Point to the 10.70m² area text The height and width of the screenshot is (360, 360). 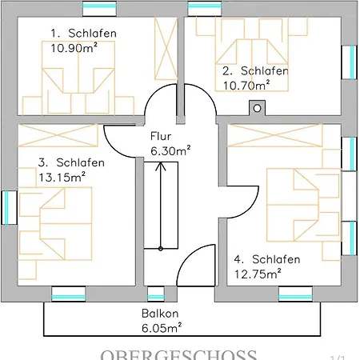click(246, 83)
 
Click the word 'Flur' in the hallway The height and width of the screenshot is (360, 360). click(160, 135)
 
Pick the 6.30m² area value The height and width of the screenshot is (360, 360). click(170, 149)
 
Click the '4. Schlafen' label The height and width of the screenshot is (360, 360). click(266, 259)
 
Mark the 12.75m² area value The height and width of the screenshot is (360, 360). click(257, 274)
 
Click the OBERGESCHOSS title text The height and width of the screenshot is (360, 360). click(178, 354)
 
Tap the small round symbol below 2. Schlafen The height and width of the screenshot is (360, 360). click(257, 106)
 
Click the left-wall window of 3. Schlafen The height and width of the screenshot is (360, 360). click(6, 210)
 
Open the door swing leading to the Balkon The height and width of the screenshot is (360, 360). click(197, 266)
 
